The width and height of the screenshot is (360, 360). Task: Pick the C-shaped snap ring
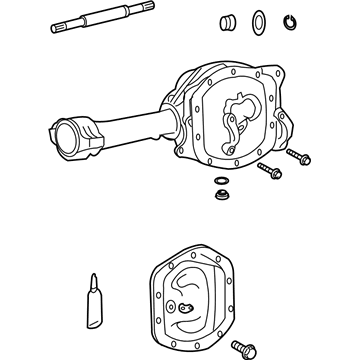(289, 23)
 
